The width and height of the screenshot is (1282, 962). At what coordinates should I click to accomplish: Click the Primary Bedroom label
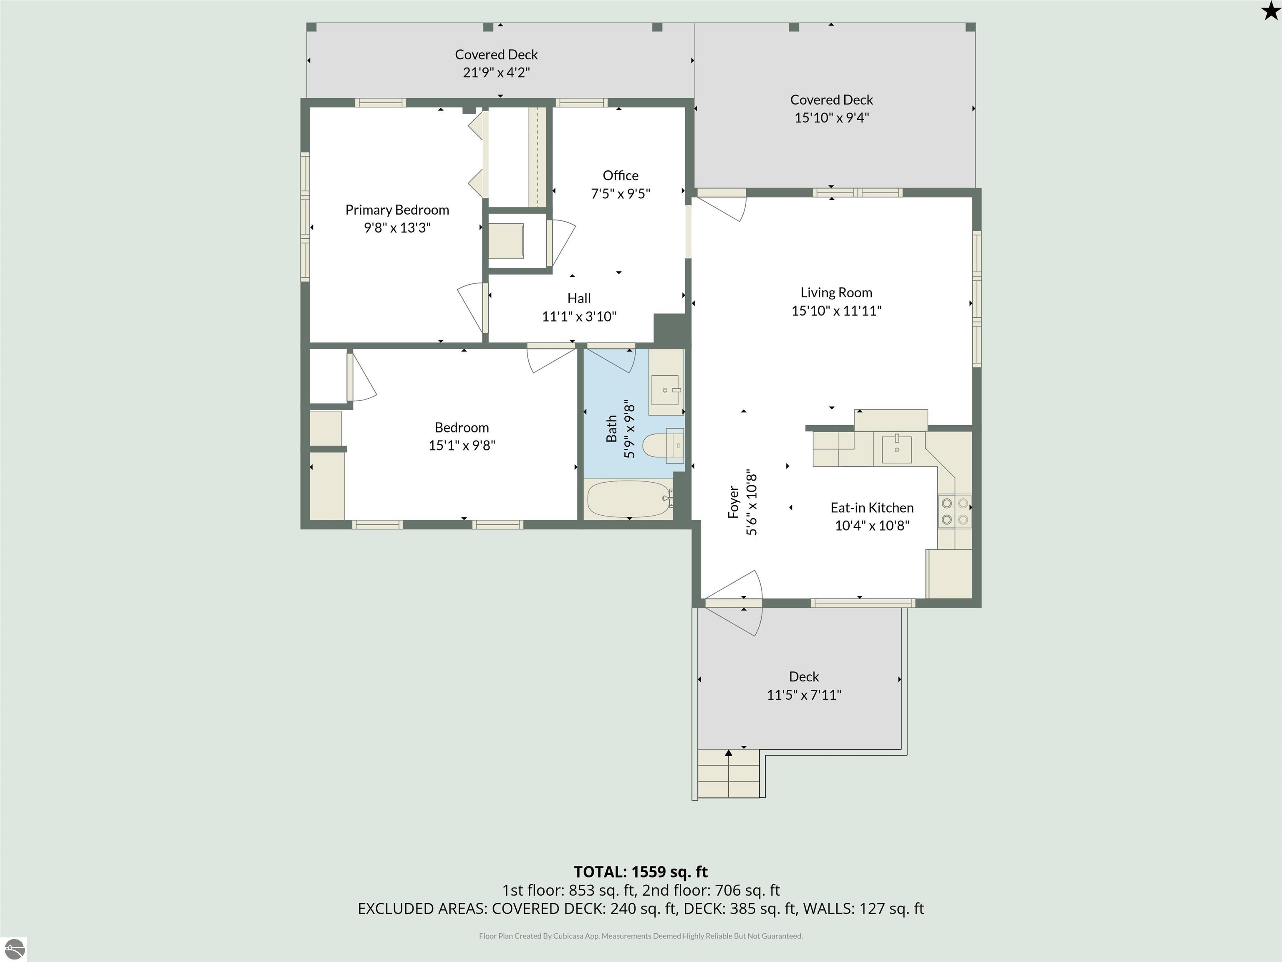[x=397, y=210]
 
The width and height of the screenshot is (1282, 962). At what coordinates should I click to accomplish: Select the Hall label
[x=579, y=299]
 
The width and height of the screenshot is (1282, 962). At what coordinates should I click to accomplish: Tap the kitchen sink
[x=896, y=449]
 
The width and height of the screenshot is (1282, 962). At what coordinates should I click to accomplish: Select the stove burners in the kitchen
[x=954, y=511]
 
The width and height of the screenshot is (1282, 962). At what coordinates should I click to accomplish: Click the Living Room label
[x=836, y=293]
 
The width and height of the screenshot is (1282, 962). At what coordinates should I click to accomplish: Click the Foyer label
[x=734, y=502]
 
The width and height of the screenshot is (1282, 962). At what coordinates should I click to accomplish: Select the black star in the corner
[x=1270, y=10]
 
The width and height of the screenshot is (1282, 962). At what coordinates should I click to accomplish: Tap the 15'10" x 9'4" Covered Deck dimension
[x=832, y=118]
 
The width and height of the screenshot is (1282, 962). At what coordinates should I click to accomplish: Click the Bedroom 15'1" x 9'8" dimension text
[x=462, y=446]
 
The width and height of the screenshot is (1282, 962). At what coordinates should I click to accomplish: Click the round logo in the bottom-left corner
[x=15, y=949]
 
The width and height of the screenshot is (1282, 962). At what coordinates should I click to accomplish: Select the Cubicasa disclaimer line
[x=641, y=936]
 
